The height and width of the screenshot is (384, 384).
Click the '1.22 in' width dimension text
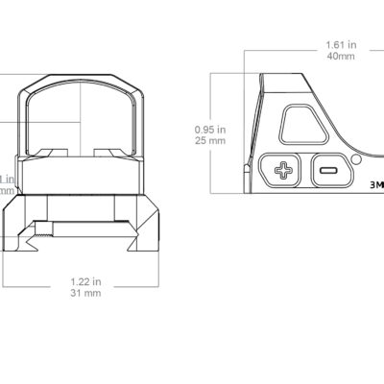click(x=86, y=283)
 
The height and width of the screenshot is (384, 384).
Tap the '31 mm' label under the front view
click(x=86, y=295)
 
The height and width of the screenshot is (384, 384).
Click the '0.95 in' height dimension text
click(x=210, y=129)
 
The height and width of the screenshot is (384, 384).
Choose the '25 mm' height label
click(x=210, y=140)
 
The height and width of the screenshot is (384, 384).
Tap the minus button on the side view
click(x=326, y=170)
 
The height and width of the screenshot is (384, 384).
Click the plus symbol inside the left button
click(x=284, y=170)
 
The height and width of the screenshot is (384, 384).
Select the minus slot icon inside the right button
click(x=326, y=170)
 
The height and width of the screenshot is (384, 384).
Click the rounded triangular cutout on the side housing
click(x=303, y=126)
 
